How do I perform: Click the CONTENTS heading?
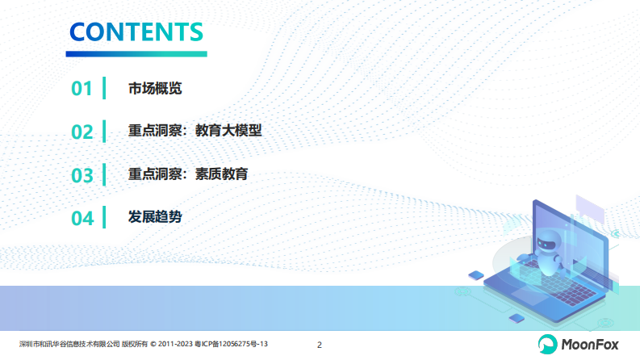[x=136, y=31]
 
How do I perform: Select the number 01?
[x=82, y=89]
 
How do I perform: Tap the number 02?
[x=82, y=132]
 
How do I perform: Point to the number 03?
[x=82, y=175]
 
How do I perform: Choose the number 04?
[x=82, y=218]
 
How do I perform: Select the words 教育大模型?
[x=228, y=132]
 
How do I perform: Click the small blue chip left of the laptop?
[x=477, y=275]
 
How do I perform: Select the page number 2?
[x=320, y=345]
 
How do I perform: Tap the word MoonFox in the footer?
[x=591, y=345]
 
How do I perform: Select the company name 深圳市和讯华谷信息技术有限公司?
[x=69, y=345]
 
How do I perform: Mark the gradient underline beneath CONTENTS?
[x=136, y=53]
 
